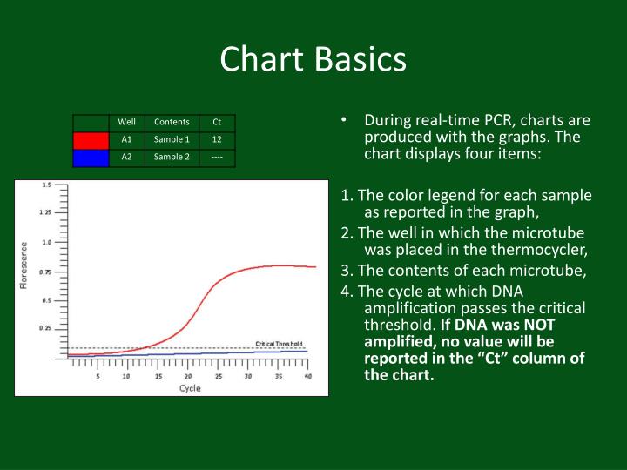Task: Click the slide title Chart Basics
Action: click(313, 60)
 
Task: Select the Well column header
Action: click(126, 122)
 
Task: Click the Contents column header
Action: click(172, 122)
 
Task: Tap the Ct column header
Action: click(217, 122)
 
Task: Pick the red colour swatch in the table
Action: click(91, 139)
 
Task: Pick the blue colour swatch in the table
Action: click(91, 157)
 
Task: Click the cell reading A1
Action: click(126, 139)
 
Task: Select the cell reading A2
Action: click(126, 157)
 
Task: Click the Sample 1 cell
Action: click(172, 139)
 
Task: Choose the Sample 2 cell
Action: click(172, 157)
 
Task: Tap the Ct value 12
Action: click(217, 139)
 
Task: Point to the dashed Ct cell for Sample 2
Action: click(217, 157)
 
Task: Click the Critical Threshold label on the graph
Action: click(279, 344)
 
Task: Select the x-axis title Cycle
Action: click(190, 388)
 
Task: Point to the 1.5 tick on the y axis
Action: click(45, 185)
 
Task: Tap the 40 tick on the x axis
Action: click(308, 376)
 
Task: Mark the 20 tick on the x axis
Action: click(188, 376)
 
